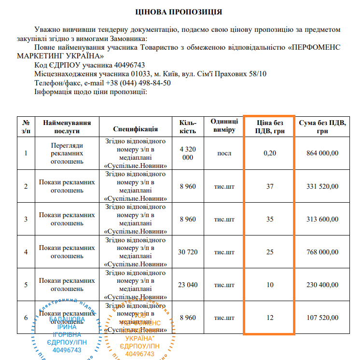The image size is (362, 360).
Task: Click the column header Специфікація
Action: [136, 129]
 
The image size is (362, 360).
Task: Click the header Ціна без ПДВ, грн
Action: [270, 126]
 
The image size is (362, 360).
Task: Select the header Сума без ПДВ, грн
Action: [322, 126]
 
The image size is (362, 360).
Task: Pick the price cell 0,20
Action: [269, 153]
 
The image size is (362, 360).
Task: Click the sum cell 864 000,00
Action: [322, 153]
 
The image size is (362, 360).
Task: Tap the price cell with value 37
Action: [269, 186]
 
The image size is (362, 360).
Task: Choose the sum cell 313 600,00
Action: [322, 219]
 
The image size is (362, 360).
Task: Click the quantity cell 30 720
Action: [187, 252]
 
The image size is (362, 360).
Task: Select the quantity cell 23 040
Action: [187, 285]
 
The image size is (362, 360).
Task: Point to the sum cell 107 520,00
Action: [322, 318]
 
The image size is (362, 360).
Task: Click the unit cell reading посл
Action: [224, 153]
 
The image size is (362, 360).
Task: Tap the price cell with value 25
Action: [269, 252]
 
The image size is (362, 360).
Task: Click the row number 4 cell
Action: [26, 252]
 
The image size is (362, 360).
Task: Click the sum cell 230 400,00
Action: [322, 285]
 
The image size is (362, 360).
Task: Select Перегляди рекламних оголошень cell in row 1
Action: [67, 153]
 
